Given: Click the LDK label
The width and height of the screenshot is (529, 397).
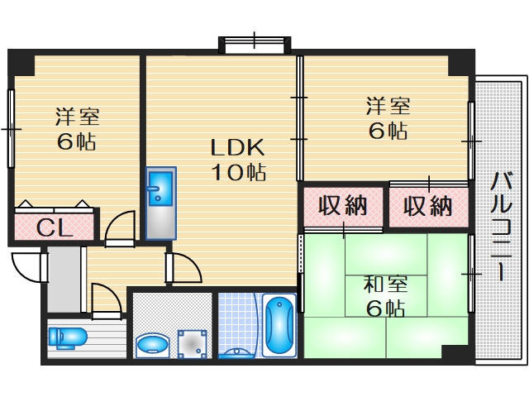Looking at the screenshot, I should coord(236,149).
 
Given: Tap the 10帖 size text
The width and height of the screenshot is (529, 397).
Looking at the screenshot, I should coord(236,173).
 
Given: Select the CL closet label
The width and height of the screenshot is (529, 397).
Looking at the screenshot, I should coord(55,227).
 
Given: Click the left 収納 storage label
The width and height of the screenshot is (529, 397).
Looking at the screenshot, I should coord(343,206).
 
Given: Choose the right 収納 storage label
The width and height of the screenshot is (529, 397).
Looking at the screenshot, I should coord(428,206).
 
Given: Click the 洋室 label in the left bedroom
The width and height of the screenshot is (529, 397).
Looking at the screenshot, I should coord(76,117).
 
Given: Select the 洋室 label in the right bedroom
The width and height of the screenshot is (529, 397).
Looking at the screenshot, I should coord(388,107).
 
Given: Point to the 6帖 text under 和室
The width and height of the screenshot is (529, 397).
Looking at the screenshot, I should coord(385,310).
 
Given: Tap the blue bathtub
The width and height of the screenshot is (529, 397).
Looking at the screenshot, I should coord(280,326).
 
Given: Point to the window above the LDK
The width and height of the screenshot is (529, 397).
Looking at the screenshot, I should coord(255,42).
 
